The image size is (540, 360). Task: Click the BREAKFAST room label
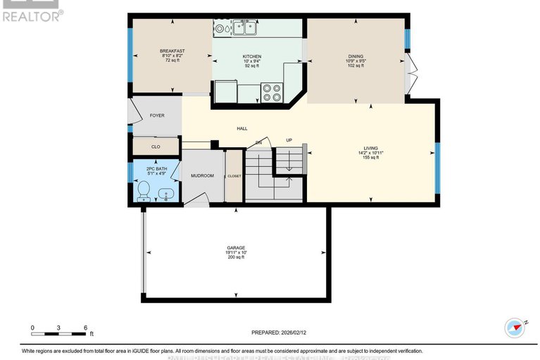[172, 51]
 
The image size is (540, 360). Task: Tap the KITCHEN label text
[252, 56]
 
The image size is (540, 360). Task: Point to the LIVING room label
[370, 147]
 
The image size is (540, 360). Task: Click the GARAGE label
[236, 248]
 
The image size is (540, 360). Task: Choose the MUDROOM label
[202, 175]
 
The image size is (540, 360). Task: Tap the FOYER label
[156, 115]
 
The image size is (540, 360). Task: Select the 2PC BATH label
[156, 169]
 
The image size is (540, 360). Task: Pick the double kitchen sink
[245, 28]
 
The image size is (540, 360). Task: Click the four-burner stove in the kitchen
[272, 93]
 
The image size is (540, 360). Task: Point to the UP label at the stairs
[289, 140]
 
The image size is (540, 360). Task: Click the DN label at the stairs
[258, 142]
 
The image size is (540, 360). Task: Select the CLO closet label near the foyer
[156, 147]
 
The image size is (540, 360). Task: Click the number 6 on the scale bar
[85, 328]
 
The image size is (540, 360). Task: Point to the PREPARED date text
[279, 332]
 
